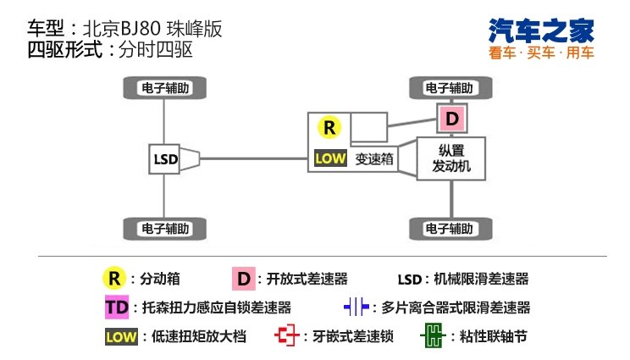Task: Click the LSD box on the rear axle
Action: pos(164,158)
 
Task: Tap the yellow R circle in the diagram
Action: pos(329,128)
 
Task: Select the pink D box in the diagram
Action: pos(451,119)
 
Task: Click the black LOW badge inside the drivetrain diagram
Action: pos(329,158)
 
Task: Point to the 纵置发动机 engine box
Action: pos(450,158)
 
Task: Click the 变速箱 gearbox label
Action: pos(376,158)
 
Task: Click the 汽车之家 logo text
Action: pos(541,30)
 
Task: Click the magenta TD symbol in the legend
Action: pos(115,307)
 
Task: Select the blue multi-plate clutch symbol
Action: pos(356,307)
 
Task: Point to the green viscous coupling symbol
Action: pos(431,335)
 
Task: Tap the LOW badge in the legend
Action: pos(121,335)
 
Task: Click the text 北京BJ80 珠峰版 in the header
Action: pos(152,29)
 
